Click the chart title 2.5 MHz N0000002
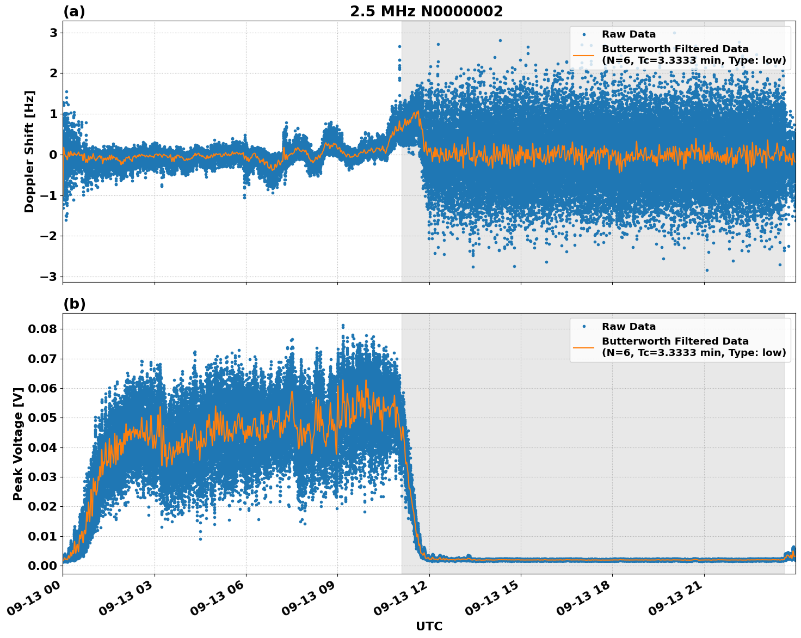click(x=426, y=11)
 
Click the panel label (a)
click(x=74, y=11)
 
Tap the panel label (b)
click(x=74, y=304)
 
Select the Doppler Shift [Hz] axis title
click(x=29, y=151)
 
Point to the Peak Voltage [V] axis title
click(x=18, y=444)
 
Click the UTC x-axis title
click(x=429, y=626)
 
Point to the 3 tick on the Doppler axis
click(x=53, y=33)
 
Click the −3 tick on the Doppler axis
click(x=49, y=277)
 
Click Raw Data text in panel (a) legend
click(x=629, y=34)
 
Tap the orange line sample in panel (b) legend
click(x=584, y=347)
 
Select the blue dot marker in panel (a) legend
click(x=584, y=34)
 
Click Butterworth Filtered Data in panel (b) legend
click(x=675, y=341)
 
